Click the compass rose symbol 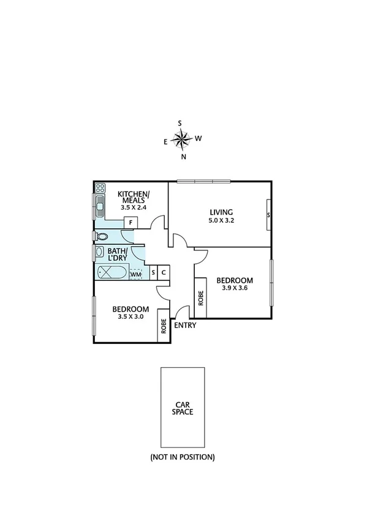182,140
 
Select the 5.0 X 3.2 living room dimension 221,222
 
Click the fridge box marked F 130,222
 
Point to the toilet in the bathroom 102,236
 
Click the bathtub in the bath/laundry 112,274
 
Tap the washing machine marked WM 136,274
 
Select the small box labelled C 164,274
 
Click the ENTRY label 185,326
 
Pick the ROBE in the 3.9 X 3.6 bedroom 200,298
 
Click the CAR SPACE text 183,408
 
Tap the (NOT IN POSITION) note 183,457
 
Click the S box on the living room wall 268,215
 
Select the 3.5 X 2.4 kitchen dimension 133,207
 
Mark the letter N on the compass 183,157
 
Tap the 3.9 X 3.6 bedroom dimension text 234,289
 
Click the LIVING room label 221,213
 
